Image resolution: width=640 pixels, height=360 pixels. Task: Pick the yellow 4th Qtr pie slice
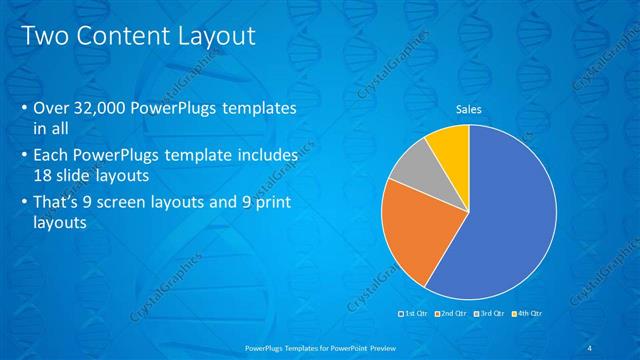448,146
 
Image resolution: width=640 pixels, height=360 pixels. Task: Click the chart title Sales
468,109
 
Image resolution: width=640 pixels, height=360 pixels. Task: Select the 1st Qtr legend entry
413,315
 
